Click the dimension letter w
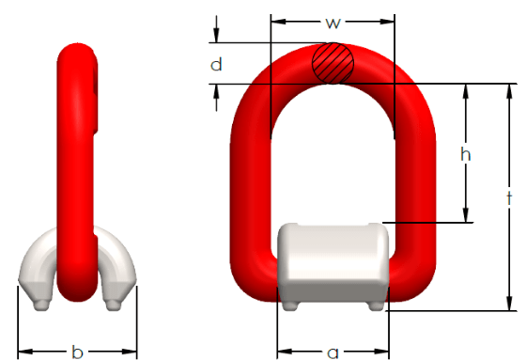pyautogui.click(x=333, y=23)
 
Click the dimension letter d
pyautogui.click(x=216, y=64)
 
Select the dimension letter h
pyautogui.click(x=466, y=154)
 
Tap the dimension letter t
pyautogui.click(x=509, y=198)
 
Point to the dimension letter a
pyautogui.click(x=333, y=352)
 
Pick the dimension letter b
pyautogui.click(x=77, y=352)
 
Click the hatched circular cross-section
pyautogui.click(x=333, y=63)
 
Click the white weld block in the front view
pyautogui.click(x=333, y=262)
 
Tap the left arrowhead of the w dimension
pyautogui.click(x=278, y=22)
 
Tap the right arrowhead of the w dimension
pyautogui.click(x=387, y=22)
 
